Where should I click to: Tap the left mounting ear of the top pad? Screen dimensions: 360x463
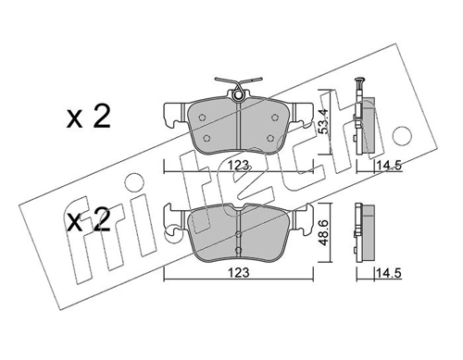[x=173, y=116]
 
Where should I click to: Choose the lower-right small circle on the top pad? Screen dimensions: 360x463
[x=269, y=139]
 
